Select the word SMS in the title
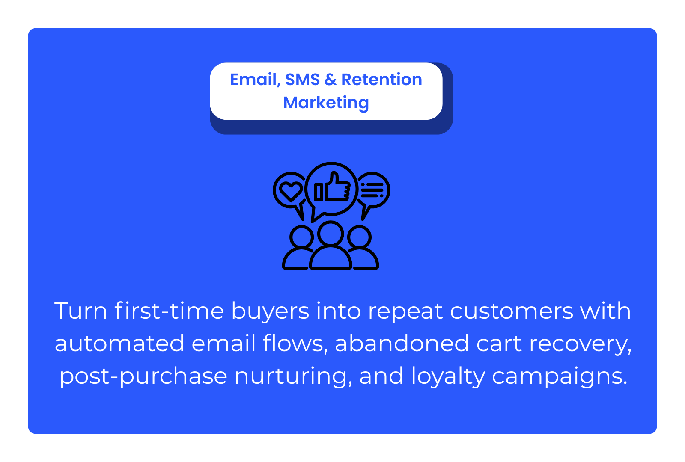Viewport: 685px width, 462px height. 302,80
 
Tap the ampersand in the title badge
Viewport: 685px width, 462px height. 331,80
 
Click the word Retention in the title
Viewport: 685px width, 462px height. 381,80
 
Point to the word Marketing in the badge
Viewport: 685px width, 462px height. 326,103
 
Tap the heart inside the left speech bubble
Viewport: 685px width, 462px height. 291,191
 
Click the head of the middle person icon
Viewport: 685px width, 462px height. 331,234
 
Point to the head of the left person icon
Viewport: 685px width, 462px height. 301,237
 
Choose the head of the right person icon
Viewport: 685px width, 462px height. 359,237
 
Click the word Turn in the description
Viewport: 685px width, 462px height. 81,311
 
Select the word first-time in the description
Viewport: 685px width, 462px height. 169,311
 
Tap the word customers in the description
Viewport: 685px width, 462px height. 511,311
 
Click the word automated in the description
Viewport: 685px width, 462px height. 119,343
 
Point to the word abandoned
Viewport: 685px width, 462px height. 402,343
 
